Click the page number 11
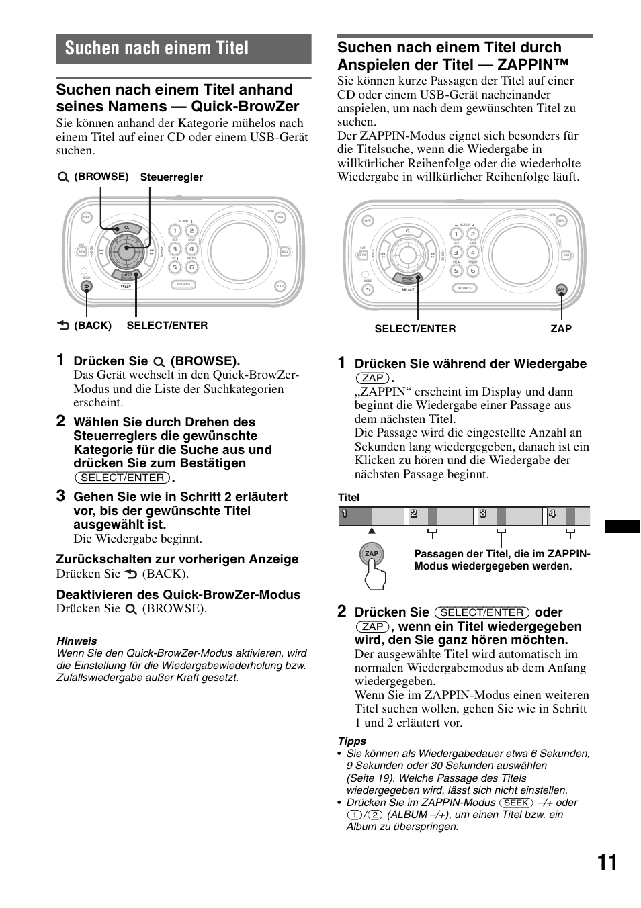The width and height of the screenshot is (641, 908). click(x=607, y=862)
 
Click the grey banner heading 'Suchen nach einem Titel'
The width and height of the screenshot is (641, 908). click(x=157, y=48)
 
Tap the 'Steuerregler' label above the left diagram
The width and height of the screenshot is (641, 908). click(x=171, y=177)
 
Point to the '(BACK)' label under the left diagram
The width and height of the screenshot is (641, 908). click(x=92, y=326)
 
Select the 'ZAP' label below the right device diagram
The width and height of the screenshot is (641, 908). click(x=561, y=329)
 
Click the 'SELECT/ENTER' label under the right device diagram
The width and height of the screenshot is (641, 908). click(x=415, y=329)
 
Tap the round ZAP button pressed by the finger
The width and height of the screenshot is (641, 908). click(x=372, y=554)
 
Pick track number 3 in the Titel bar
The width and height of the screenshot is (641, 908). click(x=482, y=514)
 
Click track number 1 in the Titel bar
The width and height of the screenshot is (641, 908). click(x=344, y=514)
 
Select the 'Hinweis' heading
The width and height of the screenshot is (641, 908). click(x=77, y=641)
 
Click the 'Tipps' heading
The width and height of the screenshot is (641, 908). click(x=352, y=741)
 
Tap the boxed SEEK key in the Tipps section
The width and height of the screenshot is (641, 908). click(x=516, y=803)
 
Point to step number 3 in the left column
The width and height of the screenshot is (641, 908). click(x=60, y=496)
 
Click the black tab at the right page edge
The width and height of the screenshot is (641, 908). click(x=622, y=526)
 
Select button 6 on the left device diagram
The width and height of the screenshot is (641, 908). click(x=191, y=267)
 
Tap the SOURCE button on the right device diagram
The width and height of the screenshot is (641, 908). click(x=465, y=288)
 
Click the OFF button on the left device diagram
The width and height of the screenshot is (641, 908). click(x=86, y=217)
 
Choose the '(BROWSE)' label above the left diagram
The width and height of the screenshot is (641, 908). click(x=101, y=177)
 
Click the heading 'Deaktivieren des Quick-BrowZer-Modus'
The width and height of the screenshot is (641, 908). click(x=178, y=595)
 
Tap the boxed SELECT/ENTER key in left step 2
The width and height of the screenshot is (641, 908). click(x=122, y=478)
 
